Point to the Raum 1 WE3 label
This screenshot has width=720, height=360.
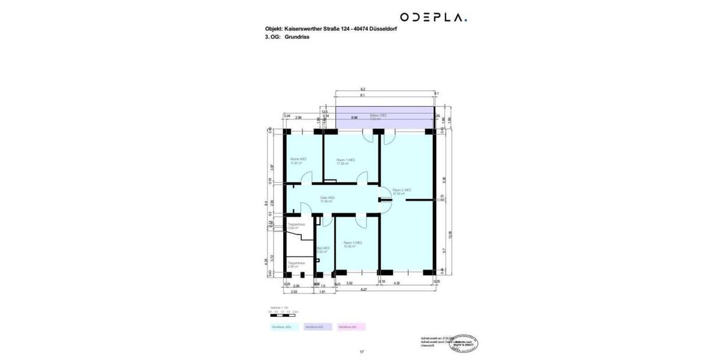pyautogui.click(x=346, y=161)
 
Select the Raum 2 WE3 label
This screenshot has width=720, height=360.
pyautogui.click(x=401, y=192)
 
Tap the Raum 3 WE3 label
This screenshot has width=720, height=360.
pyautogui.click(x=352, y=244)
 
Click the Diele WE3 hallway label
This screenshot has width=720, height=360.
pyautogui.click(x=327, y=199)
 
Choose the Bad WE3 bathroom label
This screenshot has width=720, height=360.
pyautogui.click(x=323, y=250)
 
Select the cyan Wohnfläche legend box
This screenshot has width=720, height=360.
pyautogui.click(x=284, y=327)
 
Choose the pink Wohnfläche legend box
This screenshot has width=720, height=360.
pyautogui.click(x=351, y=327)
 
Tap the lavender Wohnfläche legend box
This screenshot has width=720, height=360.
pyautogui.click(x=317, y=327)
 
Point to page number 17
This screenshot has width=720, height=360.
pyautogui.click(x=362, y=352)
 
